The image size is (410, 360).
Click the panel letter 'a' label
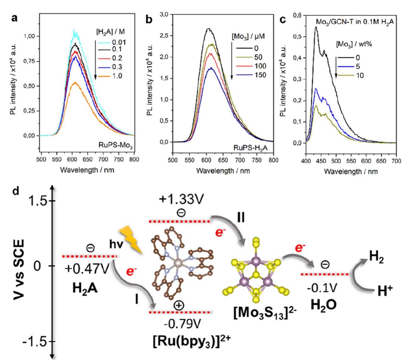pyautogui.click(x=14, y=18)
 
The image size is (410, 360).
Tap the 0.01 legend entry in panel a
pyautogui.click(x=119, y=42)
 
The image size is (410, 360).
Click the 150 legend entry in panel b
pyautogui.click(x=260, y=75)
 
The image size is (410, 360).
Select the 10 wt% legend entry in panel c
pyautogui.click(x=360, y=75)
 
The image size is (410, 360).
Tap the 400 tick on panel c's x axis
pyautogui.click(x=306, y=161)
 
